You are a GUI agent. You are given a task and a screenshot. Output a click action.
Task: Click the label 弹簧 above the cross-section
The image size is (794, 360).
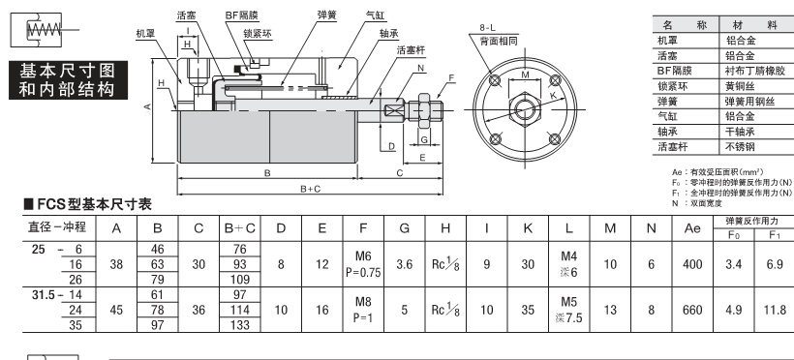click(326, 15)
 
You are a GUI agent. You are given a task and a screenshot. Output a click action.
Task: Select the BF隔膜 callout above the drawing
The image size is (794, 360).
click(241, 15)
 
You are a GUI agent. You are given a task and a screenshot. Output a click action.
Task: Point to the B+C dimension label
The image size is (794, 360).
click(311, 189)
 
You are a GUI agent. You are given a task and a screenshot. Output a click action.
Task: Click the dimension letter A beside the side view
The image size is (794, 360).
click(147, 106)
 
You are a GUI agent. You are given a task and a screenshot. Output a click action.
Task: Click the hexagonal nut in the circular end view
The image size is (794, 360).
click(525, 108)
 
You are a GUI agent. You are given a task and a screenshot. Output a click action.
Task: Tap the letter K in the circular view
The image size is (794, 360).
click(553, 95)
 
